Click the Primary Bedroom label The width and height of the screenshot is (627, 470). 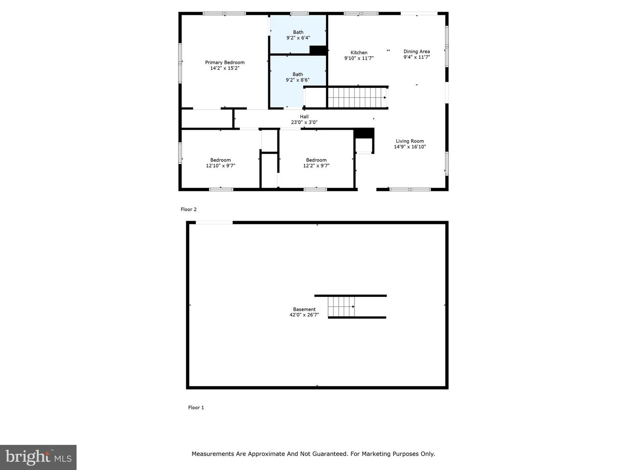[225, 62]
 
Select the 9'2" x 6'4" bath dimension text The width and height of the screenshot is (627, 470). [298, 38]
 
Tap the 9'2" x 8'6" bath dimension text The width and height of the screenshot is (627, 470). [298, 80]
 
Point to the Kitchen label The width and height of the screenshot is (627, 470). [359, 53]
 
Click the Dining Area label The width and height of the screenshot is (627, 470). [417, 51]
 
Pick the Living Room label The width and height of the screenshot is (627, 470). [410, 141]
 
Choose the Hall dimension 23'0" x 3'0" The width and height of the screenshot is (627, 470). [304, 122]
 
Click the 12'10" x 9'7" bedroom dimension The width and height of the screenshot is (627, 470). [220, 165]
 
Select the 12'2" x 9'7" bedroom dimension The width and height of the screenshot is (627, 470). [316, 165]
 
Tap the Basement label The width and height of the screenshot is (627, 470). [304, 309]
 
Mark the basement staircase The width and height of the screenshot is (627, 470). [341, 306]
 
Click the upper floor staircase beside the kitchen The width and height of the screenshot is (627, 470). [357, 97]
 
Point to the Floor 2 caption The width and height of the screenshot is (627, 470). [189, 209]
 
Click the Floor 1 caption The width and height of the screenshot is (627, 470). [196, 407]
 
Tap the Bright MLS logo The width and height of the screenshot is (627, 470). [38, 457]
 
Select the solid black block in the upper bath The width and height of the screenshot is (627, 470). [318, 50]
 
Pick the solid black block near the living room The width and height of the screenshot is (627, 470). [364, 133]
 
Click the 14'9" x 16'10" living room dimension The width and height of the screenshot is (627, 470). [410, 147]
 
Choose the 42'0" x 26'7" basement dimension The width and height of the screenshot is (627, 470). [304, 315]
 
